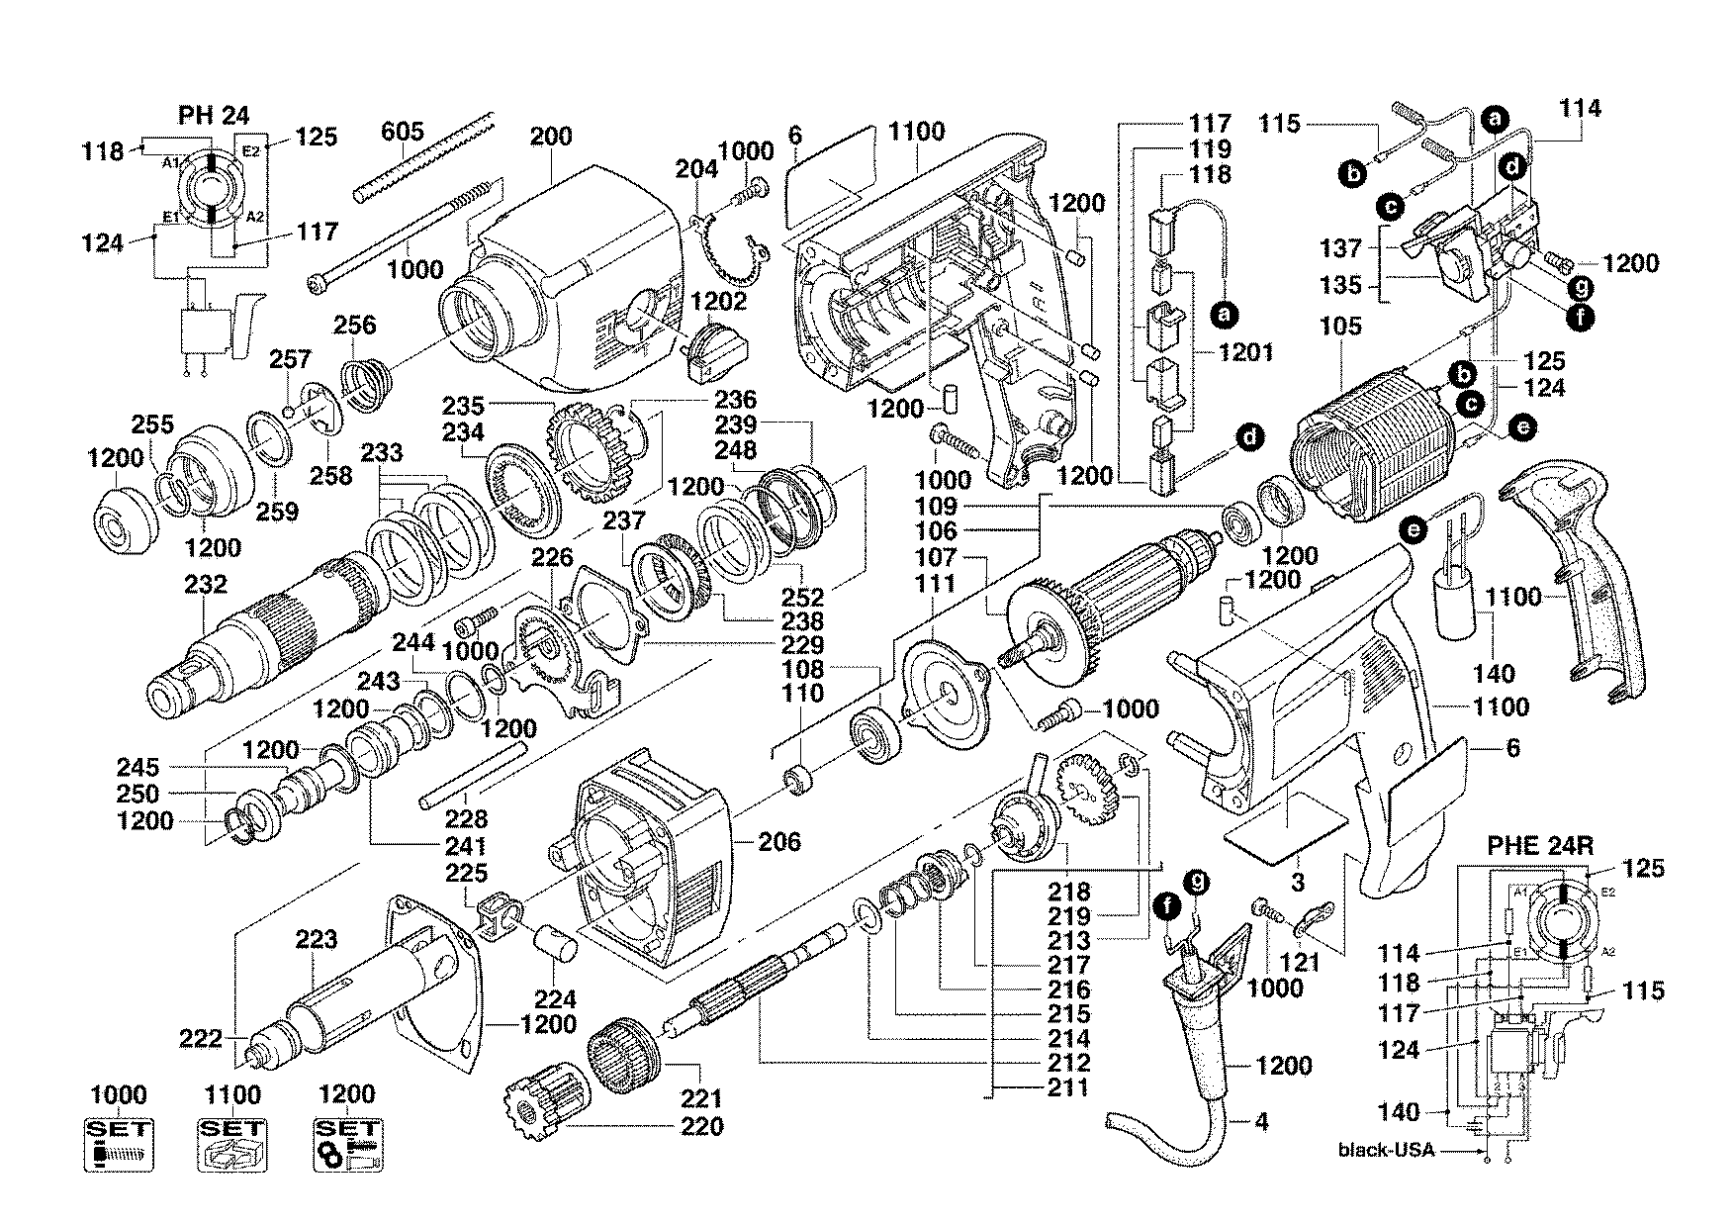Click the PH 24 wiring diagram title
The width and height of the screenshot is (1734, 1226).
point(214,115)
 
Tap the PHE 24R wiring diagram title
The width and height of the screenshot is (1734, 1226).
point(1540,847)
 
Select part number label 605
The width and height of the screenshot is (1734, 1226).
point(403,132)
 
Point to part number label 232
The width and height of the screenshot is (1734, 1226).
point(206,585)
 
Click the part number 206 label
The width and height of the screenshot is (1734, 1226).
point(779,842)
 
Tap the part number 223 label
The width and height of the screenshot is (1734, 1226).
point(317,939)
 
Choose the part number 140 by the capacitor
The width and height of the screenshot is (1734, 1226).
point(1494,674)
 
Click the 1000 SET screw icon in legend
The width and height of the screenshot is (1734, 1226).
point(119,1145)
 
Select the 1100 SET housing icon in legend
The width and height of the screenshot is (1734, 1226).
point(233,1145)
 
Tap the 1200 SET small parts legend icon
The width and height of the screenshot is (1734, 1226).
point(350,1145)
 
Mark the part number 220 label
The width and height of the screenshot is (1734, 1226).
point(700,1126)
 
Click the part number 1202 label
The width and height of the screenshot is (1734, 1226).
point(718,300)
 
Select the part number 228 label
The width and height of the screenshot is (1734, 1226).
point(466,819)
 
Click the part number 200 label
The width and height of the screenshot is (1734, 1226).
point(550,136)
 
